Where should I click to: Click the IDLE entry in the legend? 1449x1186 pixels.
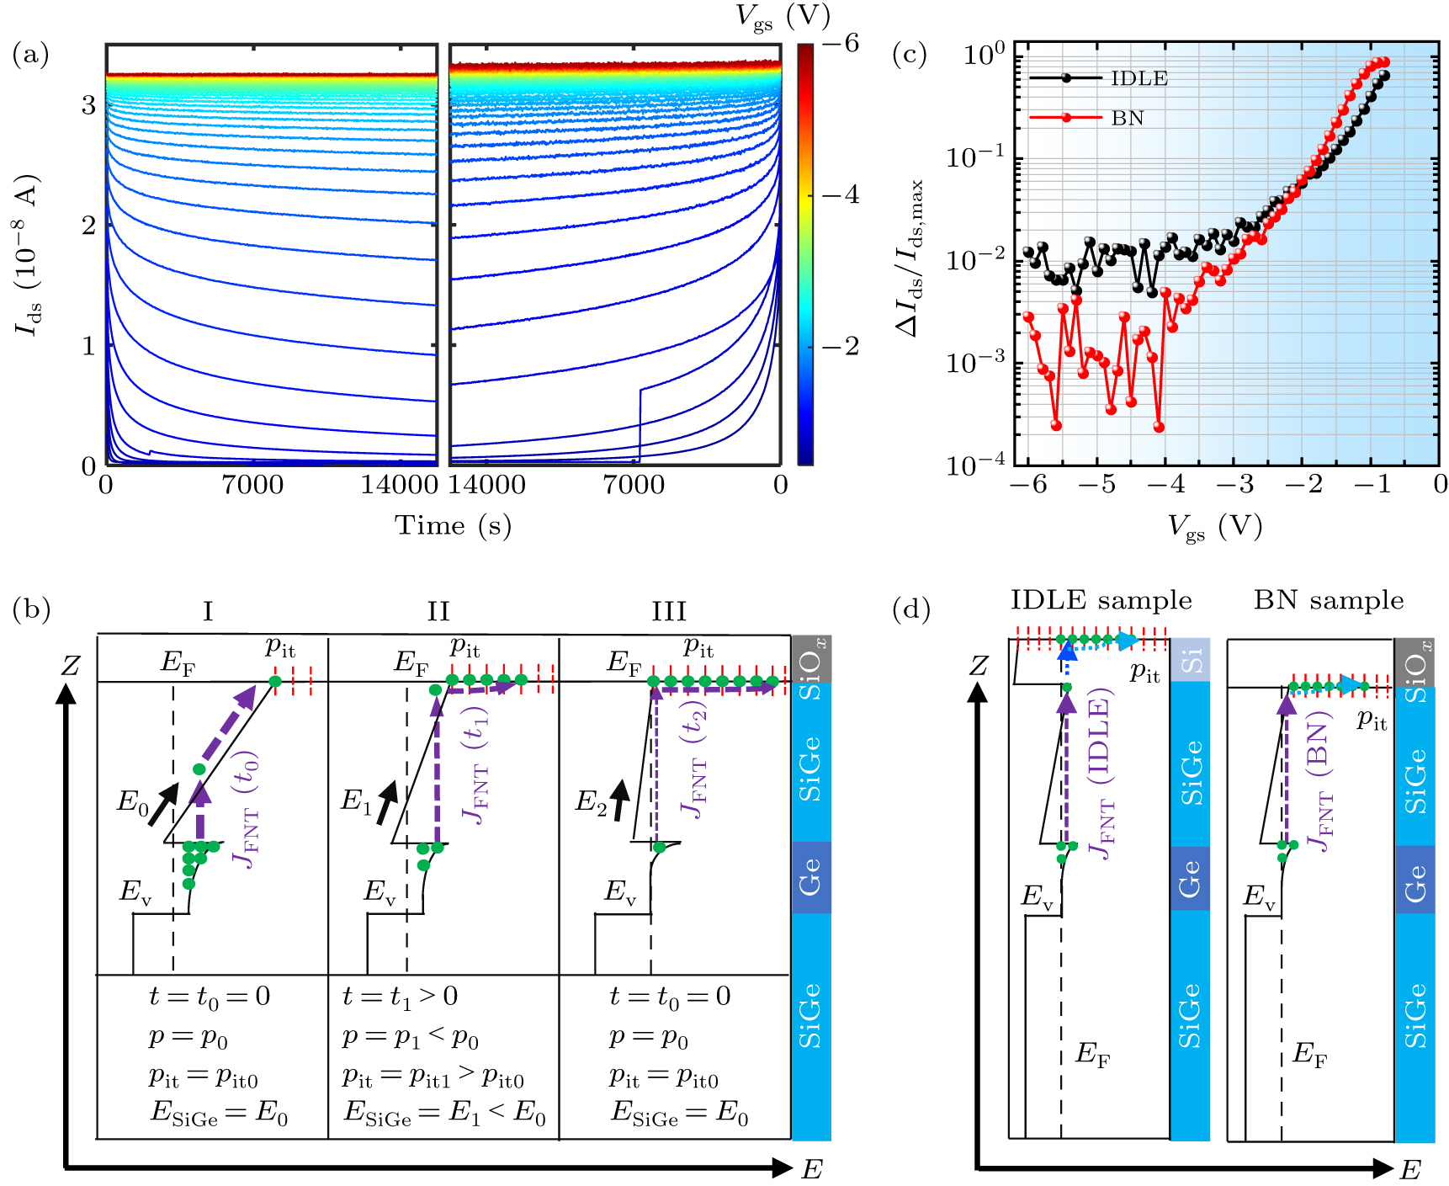point(1138,78)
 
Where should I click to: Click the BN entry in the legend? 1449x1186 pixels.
point(1128,118)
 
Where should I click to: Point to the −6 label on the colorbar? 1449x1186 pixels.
point(841,44)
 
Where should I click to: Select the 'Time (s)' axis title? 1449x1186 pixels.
point(453,525)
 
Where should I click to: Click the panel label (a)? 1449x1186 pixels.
point(30,56)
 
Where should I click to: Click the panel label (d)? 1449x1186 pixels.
point(910,609)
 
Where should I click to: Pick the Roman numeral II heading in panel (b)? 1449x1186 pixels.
point(438,611)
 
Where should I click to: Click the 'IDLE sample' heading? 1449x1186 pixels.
point(1101,600)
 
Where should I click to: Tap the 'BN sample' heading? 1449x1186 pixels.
point(1329,600)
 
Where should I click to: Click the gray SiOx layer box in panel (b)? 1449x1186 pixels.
point(811,659)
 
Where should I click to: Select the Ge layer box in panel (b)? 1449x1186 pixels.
point(811,877)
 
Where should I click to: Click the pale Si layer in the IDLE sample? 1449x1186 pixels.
point(1190,660)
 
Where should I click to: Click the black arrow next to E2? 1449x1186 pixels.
point(619,800)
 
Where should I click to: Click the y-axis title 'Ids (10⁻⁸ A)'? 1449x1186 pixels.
point(29,255)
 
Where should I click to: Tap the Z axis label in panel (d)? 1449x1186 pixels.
point(978,667)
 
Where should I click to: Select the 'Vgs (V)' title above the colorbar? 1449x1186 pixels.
point(783,16)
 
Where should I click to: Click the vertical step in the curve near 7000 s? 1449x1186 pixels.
point(640,425)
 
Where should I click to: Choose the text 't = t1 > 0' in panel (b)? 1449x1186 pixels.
point(400,997)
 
